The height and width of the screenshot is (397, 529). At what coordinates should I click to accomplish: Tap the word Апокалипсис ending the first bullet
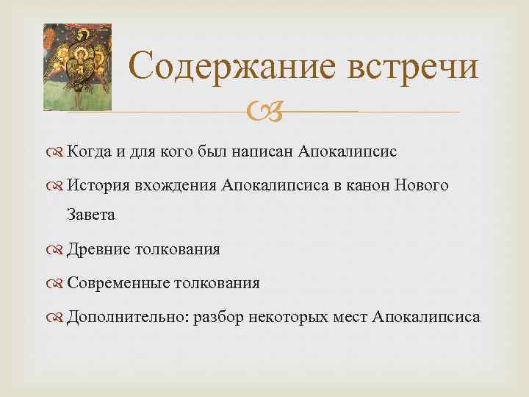click(x=348, y=152)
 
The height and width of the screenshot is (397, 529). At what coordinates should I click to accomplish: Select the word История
click(x=98, y=186)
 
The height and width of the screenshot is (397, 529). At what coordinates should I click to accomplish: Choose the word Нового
click(x=422, y=186)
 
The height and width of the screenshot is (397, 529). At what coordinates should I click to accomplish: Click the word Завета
click(x=91, y=215)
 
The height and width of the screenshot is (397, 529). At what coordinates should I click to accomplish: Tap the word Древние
click(x=96, y=249)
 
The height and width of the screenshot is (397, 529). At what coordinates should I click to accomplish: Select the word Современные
click(x=118, y=283)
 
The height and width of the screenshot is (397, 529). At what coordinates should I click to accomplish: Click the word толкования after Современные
click(x=217, y=283)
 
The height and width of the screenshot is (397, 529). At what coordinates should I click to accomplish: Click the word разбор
click(x=219, y=317)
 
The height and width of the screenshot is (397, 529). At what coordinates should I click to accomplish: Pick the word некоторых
click(x=287, y=317)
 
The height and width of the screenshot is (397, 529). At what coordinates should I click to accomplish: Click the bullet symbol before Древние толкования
click(x=57, y=249)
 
